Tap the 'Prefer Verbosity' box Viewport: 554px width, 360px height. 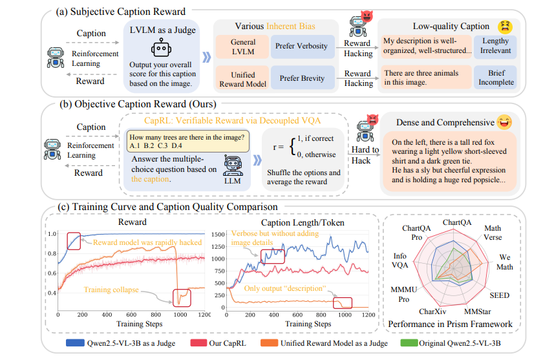pos(301,47)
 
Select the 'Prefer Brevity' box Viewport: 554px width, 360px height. pos(301,78)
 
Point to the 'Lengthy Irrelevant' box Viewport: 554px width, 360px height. pos(496,47)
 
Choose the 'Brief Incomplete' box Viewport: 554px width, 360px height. pos(496,78)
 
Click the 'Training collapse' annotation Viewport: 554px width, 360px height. pos(111,290)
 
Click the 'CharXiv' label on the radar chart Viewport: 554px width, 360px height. pos(432,311)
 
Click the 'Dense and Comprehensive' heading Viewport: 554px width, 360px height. pos(436,122)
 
